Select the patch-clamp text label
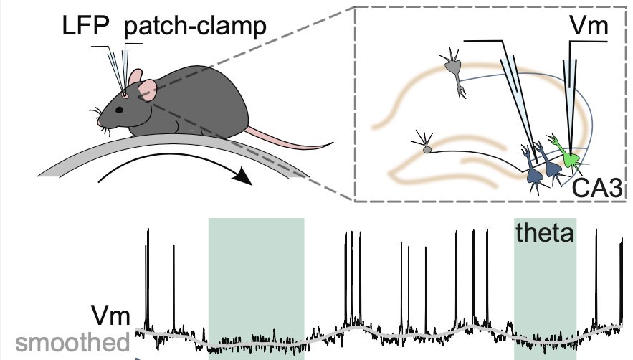click(195, 28)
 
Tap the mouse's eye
click(118, 109)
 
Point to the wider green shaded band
click(256, 287)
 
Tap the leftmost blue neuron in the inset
click(533, 170)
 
